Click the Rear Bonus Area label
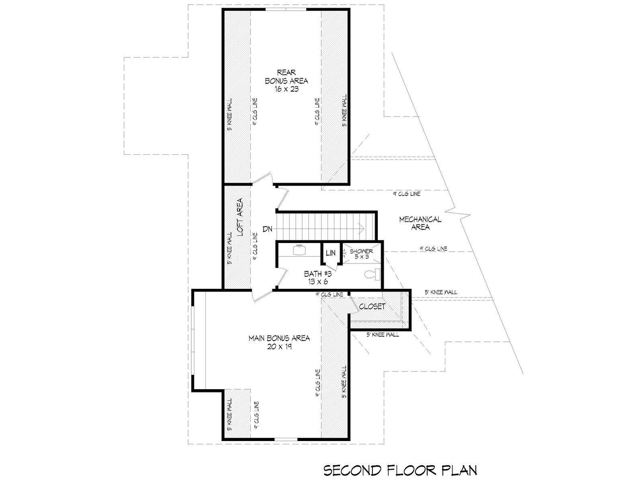286,76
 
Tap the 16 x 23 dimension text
287,89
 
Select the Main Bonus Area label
279,338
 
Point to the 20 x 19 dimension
279,347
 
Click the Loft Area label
240,217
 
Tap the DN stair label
268,229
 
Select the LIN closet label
331,253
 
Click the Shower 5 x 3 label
361,254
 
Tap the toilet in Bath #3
372,274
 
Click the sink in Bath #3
300,250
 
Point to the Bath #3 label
317,274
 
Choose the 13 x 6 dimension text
317,282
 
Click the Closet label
372,306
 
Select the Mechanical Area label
420,223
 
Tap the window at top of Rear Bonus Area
286,10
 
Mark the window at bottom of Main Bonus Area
286,439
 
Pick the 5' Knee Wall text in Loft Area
229,249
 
